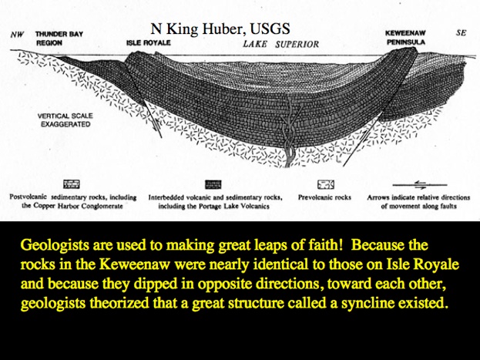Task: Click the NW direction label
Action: [x=17, y=35]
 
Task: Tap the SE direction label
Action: [x=461, y=32]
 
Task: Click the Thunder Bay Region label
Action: [x=59, y=39]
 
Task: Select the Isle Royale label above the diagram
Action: [x=149, y=42]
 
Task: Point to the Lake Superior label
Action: [x=281, y=45]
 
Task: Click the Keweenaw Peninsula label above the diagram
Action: [x=405, y=37]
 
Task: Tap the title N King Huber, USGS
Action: [x=220, y=29]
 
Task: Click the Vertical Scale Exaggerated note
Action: [x=65, y=120]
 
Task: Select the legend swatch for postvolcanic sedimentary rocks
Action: [x=72, y=184]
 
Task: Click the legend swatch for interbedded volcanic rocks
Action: [x=213, y=184]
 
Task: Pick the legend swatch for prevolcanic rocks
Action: [x=325, y=184]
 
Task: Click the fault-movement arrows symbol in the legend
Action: [x=420, y=185]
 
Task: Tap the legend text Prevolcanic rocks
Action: [x=324, y=197]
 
